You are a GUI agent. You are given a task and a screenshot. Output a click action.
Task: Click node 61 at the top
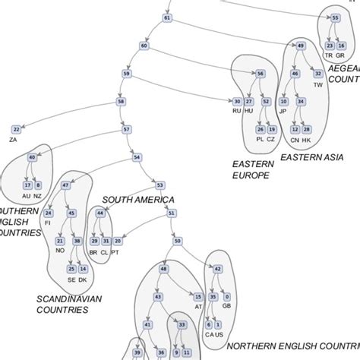(x=167, y=17)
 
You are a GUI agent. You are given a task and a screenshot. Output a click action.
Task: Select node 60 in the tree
(x=144, y=46)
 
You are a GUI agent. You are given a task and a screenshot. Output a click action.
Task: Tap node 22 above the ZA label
(x=17, y=130)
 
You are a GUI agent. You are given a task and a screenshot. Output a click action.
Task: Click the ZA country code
(x=13, y=141)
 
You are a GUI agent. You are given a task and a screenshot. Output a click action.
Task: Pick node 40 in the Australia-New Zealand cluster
(x=32, y=157)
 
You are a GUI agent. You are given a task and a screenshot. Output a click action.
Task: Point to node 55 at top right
(x=335, y=17)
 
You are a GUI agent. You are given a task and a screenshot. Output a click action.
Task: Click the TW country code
(x=318, y=84)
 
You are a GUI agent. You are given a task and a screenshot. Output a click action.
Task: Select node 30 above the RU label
(x=237, y=101)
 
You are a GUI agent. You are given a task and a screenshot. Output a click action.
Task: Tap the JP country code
(x=283, y=111)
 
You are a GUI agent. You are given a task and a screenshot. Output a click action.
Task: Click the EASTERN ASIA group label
(x=312, y=157)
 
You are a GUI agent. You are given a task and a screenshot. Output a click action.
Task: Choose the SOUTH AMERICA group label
(x=138, y=200)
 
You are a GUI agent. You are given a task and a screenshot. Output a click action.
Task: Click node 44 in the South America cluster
(x=100, y=213)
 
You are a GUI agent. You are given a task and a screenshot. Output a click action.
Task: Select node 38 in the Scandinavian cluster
(x=77, y=241)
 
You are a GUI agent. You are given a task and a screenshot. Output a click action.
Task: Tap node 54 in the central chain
(x=137, y=157)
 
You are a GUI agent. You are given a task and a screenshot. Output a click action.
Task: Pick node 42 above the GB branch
(x=218, y=269)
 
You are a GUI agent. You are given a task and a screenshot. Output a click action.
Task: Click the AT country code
(x=198, y=307)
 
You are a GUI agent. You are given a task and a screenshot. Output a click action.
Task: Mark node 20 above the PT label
(x=118, y=241)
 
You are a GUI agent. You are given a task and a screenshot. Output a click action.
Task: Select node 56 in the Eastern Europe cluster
(x=261, y=74)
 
